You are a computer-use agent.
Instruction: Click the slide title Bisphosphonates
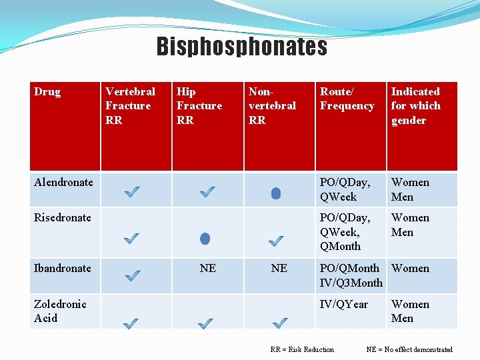pyautogui.click(x=242, y=47)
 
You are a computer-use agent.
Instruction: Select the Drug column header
pyautogui.click(x=47, y=92)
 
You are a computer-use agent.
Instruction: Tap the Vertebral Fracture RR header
pyautogui.click(x=130, y=105)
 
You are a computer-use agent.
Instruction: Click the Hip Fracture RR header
pyautogui.click(x=199, y=105)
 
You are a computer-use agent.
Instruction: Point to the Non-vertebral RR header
pyautogui.click(x=272, y=105)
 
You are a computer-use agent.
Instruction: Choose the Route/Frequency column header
pyautogui.click(x=347, y=99)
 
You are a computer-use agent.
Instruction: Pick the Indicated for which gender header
pyautogui.click(x=415, y=105)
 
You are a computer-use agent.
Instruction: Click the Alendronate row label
pyautogui.click(x=63, y=182)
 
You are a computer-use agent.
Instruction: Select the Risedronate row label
pyautogui.click(x=63, y=217)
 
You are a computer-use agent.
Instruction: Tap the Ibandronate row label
pyautogui.click(x=63, y=268)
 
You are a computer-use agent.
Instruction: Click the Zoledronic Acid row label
pyautogui.click(x=60, y=311)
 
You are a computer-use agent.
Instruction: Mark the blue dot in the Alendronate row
pyautogui.click(x=276, y=193)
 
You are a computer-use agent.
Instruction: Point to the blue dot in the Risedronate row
pyautogui.click(x=205, y=238)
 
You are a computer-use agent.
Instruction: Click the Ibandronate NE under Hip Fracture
pyautogui.click(x=207, y=268)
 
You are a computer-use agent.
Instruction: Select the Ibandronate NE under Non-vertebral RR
pyautogui.click(x=279, y=268)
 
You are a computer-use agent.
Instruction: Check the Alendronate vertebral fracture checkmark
pyautogui.click(x=132, y=193)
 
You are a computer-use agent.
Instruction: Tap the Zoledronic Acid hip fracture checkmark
pyautogui.click(x=206, y=323)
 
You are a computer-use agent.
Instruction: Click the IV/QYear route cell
pyautogui.click(x=343, y=304)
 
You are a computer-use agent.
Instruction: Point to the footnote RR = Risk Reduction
pyautogui.click(x=302, y=349)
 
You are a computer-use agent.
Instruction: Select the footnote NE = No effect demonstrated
pyautogui.click(x=409, y=349)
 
